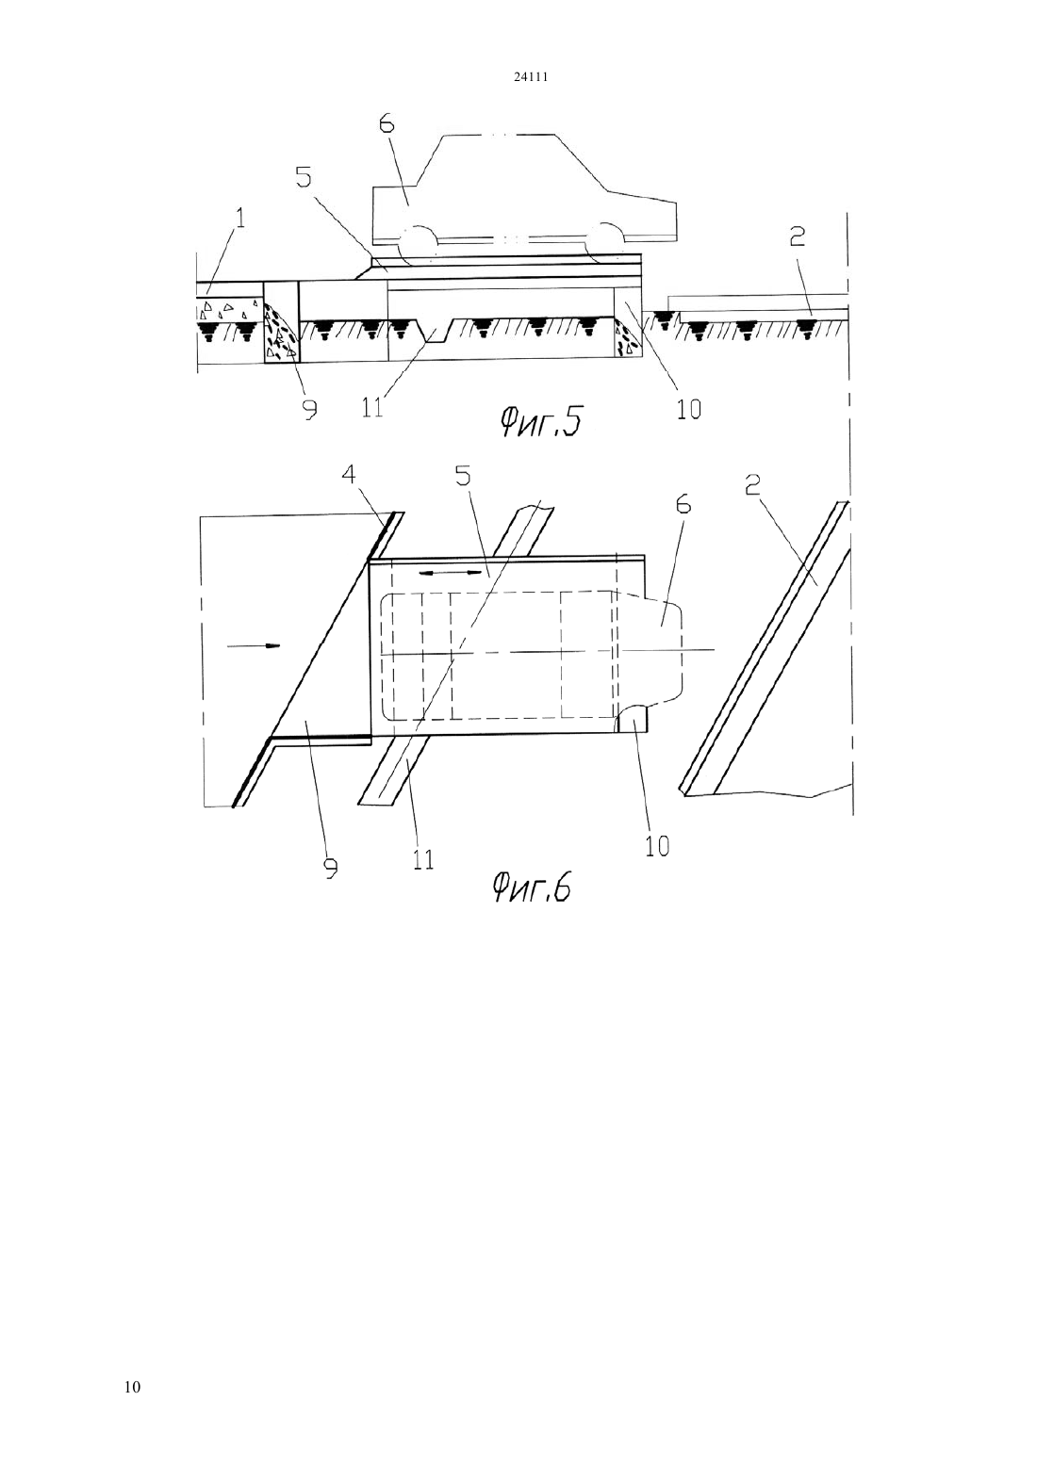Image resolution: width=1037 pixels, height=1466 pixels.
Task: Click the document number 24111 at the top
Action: coord(530,76)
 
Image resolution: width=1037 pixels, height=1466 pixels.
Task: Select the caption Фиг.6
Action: coord(531,888)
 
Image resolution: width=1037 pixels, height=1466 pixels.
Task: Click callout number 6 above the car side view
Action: coord(387,123)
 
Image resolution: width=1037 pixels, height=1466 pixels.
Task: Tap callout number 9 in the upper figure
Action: coord(309,408)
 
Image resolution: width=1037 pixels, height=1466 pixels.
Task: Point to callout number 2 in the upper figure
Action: coord(797,236)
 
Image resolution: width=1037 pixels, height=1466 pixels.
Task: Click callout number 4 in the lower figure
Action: coord(348,474)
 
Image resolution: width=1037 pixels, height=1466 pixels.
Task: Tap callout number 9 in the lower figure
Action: coord(331,866)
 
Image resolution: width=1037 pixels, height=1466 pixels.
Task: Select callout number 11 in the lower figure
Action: coord(423,857)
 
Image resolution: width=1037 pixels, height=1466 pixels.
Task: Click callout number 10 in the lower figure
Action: coord(657,845)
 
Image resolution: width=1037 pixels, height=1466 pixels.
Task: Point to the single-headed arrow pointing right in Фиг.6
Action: coord(254,646)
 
